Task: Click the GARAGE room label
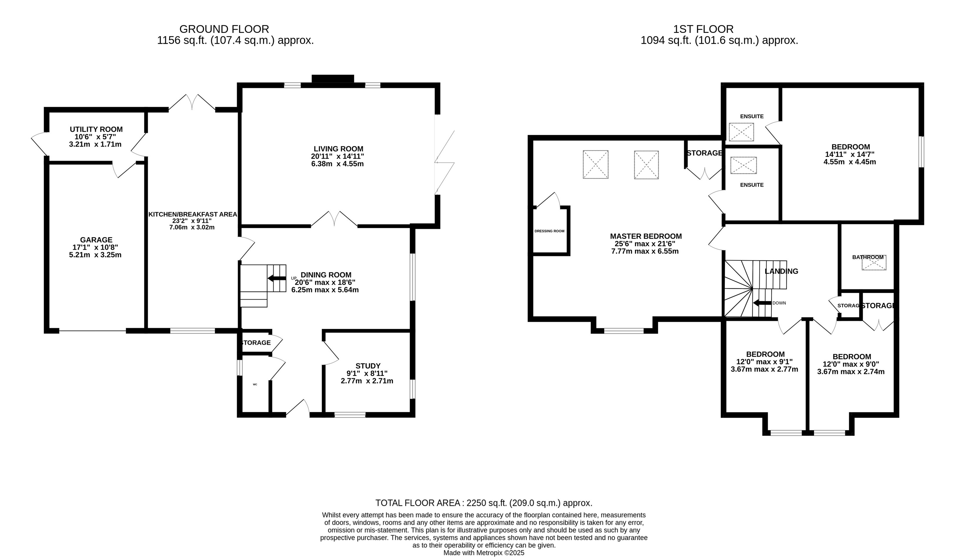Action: coord(96,240)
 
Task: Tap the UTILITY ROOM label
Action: coord(96,129)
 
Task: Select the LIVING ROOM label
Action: coord(338,149)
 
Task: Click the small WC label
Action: coord(255,384)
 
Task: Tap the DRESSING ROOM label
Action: coord(549,231)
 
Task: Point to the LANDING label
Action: coord(781,271)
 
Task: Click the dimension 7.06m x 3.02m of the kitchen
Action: coord(192,227)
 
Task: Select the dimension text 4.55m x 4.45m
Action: coord(850,162)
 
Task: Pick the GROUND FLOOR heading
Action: coord(224,29)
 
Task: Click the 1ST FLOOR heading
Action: coord(703,29)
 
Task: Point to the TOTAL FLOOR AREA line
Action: coord(484,503)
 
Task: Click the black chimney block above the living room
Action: coord(333,79)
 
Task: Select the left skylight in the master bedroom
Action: coord(595,164)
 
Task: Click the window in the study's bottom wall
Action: coord(350,415)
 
